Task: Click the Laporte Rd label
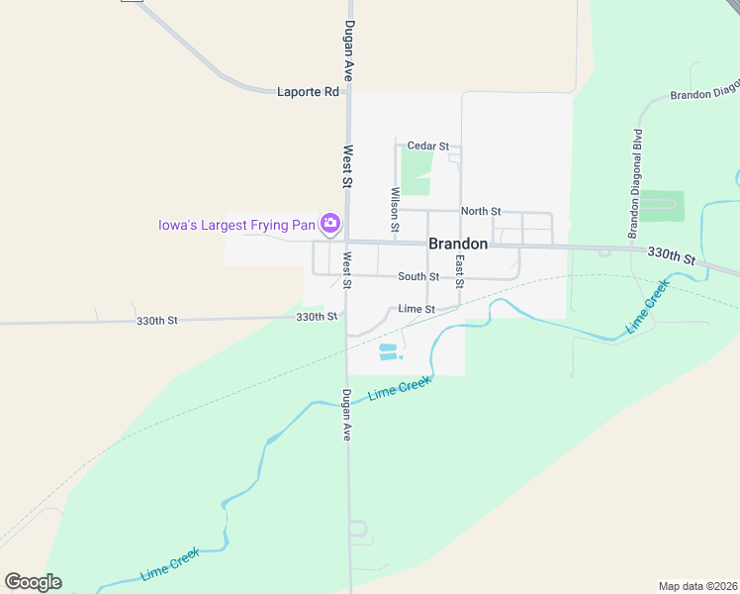point(307,91)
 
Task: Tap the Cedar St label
point(428,146)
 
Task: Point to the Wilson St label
point(396,210)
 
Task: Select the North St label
point(481,211)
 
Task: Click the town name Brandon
point(457,244)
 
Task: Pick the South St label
point(418,277)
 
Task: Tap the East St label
point(459,264)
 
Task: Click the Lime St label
point(416,309)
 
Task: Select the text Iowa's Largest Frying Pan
point(236,224)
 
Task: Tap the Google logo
point(33,582)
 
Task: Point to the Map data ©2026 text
point(697,585)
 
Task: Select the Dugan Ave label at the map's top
point(348,50)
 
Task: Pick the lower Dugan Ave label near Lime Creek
point(346,414)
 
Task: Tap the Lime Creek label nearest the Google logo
point(170,563)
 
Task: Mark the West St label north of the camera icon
point(347,166)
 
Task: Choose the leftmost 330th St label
point(156,321)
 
